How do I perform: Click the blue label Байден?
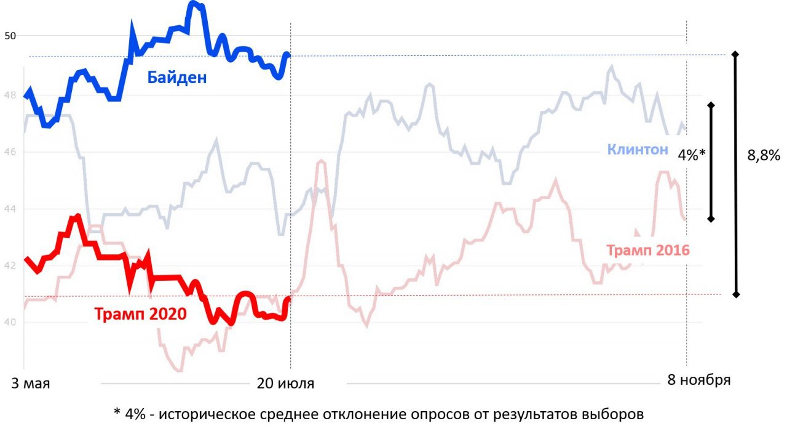[x=176, y=77]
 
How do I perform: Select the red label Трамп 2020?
[x=141, y=314]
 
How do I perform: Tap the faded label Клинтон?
[x=638, y=150]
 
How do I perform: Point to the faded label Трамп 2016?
[x=648, y=250]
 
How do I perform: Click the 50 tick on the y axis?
[x=10, y=36]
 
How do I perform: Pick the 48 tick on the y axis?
[x=10, y=95]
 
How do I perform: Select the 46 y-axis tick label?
[x=10, y=152]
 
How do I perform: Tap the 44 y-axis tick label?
[x=10, y=209]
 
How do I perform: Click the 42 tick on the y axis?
[x=10, y=266]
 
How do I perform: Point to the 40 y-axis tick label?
[x=10, y=322]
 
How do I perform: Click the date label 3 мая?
[x=31, y=384]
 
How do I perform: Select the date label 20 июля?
[x=285, y=384]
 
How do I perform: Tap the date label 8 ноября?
[x=699, y=380]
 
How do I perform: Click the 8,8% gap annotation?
[x=764, y=155]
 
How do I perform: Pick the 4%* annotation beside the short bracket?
[x=692, y=155]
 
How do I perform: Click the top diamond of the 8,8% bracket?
[x=735, y=54]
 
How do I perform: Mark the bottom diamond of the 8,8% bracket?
[x=736, y=294]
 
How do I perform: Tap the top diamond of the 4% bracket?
[x=711, y=105]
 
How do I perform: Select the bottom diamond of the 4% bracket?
[x=711, y=219]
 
